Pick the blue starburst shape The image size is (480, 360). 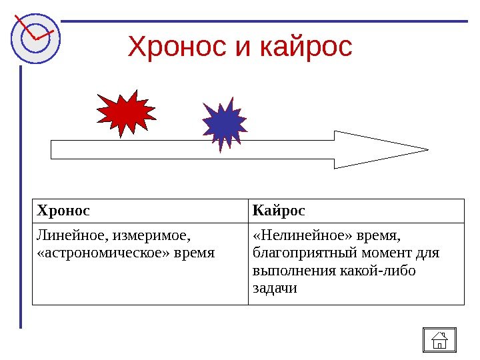(x=225, y=123)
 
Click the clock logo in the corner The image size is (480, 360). (x=35, y=37)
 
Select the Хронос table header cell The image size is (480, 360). (x=63, y=211)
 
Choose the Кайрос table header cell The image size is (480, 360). (x=279, y=211)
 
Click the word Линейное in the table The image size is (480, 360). (x=71, y=235)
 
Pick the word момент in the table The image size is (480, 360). (x=383, y=253)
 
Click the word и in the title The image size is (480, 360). (x=241, y=48)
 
